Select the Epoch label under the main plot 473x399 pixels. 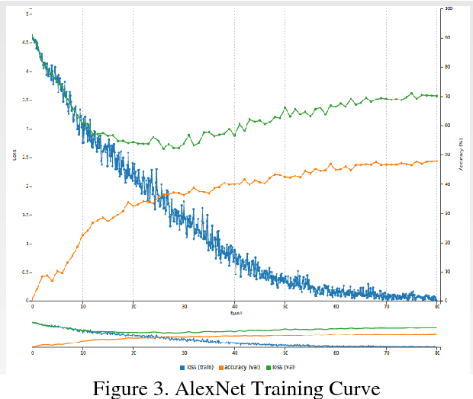click(235, 312)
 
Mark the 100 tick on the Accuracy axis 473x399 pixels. click(448, 8)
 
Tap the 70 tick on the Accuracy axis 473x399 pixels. click(447, 96)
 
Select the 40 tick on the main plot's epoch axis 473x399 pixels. click(235, 306)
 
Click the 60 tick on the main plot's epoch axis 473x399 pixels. click(336, 306)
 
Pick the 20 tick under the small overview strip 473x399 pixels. click(134, 353)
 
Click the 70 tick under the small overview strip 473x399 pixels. click(387, 353)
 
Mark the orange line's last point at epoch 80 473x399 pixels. click(436, 161)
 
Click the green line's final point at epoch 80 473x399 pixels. click(436, 96)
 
